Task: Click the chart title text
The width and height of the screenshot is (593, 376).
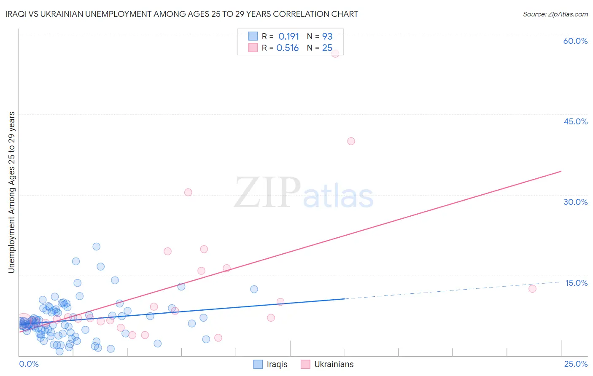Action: [x=182, y=14]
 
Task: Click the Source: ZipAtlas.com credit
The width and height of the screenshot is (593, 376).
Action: [x=555, y=14]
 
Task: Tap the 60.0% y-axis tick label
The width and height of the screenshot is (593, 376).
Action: [x=575, y=41]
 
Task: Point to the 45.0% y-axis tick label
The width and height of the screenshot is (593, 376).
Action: [x=575, y=121]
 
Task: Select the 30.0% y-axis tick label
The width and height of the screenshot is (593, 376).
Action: [x=575, y=202]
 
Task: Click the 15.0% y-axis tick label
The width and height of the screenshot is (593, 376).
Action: [x=576, y=283]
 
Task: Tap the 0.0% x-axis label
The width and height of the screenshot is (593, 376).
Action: [x=29, y=364]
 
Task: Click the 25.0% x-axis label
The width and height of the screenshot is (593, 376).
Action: [x=576, y=364]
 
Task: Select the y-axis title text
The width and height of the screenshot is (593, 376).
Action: [x=11, y=192]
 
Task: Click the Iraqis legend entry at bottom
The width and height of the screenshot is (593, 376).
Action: [x=271, y=364]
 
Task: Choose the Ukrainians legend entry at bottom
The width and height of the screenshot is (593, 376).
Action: [x=328, y=364]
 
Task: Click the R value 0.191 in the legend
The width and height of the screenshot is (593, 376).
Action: [x=288, y=37]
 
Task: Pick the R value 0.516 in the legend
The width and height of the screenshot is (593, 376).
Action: [x=288, y=48]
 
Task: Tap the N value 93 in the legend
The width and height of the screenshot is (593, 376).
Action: [x=327, y=37]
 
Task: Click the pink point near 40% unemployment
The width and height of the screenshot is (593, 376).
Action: [x=351, y=141]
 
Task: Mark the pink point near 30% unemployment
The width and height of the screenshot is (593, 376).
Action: [x=188, y=192]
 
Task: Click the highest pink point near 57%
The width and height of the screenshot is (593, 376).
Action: [x=335, y=54]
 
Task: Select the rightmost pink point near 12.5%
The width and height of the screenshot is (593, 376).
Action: [x=532, y=289]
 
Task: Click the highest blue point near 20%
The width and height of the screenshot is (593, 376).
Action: [x=97, y=247]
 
